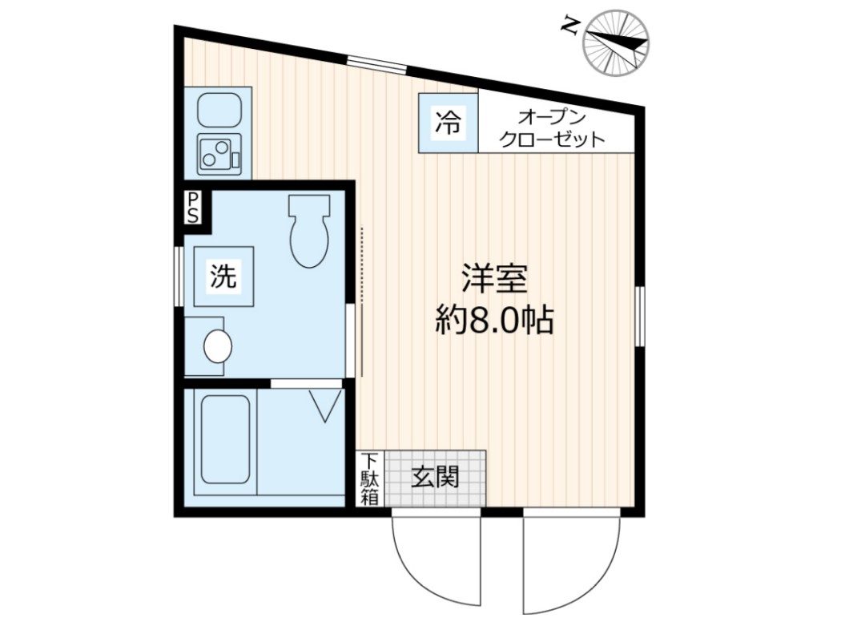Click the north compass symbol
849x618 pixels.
coord(615,42)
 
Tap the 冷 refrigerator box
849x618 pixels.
coord(449,123)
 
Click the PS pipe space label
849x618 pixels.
coord(193,207)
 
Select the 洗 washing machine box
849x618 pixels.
coord(223,277)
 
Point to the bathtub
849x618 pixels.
coord(225,439)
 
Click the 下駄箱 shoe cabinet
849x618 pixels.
coord(369,479)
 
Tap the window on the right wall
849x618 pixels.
coord(639,316)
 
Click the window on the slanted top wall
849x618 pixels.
coord(376,65)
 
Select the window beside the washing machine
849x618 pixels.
coord(179,277)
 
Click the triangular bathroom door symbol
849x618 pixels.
coord(326,406)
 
